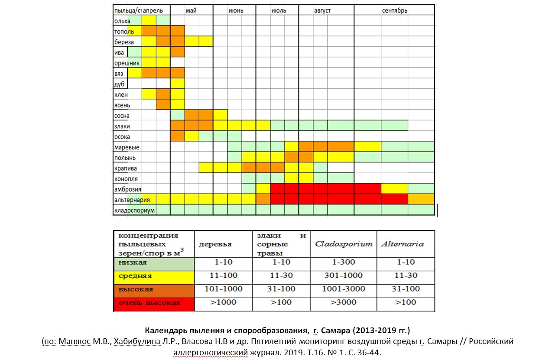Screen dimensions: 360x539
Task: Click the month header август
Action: tap(322, 10)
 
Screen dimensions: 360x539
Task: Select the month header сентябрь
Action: tap(394, 10)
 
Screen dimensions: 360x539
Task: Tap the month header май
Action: tap(191, 10)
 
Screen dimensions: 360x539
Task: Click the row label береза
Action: tap(124, 42)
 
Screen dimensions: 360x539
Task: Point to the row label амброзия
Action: tap(127, 189)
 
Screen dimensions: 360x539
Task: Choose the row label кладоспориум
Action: tap(134, 211)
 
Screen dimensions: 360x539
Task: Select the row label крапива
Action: tap(125, 169)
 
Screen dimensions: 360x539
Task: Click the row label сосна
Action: tap(122, 116)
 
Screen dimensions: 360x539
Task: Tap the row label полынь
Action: tap(125, 158)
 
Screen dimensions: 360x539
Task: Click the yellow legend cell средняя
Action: tap(153, 276)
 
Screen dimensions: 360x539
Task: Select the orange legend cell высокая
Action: tap(153, 289)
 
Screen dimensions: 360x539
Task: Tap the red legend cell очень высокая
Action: tap(153, 302)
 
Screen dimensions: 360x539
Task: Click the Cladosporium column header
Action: tap(344, 244)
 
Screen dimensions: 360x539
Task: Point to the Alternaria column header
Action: tap(403, 244)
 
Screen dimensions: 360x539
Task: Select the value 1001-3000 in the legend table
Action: tap(344, 289)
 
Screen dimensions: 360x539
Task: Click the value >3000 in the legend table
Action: tap(344, 302)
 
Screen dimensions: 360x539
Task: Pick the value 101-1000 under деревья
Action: tap(224, 289)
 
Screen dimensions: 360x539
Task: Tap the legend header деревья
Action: tap(215, 244)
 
